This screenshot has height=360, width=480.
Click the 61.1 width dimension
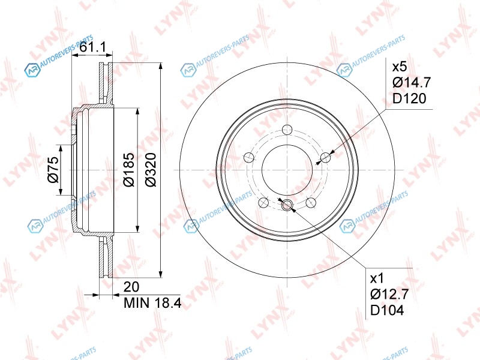pyautogui.click(x=92, y=47)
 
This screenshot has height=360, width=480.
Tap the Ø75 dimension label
pyautogui.click(x=53, y=170)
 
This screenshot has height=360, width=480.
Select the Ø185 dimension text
pyautogui.click(x=128, y=169)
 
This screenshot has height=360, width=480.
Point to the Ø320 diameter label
pyautogui.click(x=151, y=169)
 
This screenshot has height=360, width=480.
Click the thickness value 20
pyautogui.click(x=131, y=287)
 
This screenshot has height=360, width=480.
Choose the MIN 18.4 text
pyautogui.click(x=152, y=303)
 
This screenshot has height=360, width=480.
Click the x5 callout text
pyautogui.click(x=400, y=67)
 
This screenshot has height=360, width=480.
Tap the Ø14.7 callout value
pyautogui.click(x=412, y=82)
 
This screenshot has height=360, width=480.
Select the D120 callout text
pyautogui.click(x=409, y=98)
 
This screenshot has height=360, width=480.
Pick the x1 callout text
pyautogui.click(x=377, y=278)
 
